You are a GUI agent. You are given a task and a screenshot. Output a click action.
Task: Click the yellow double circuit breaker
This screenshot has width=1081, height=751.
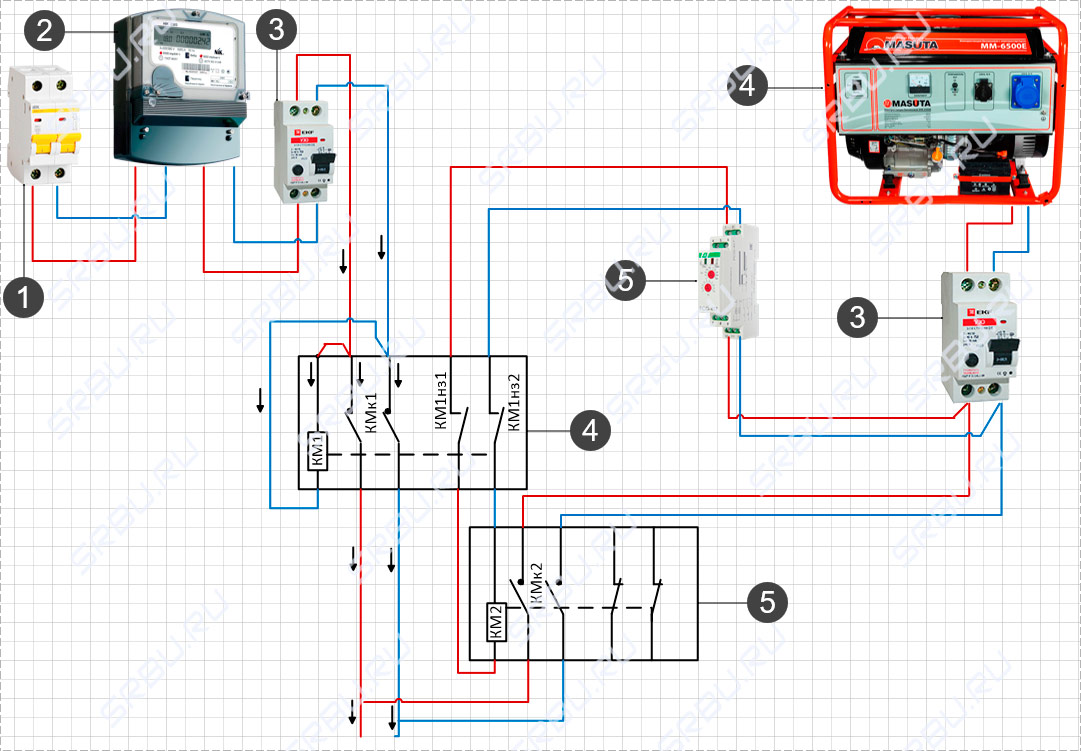point(43,125)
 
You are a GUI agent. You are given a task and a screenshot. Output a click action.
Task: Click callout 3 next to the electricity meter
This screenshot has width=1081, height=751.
point(277,31)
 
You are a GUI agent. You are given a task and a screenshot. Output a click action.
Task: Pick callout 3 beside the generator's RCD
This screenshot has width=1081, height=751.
point(857,318)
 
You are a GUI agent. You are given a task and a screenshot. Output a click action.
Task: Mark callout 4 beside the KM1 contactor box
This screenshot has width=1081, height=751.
point(590,431)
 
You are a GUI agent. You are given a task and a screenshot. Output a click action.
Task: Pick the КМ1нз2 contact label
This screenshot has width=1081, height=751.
point(515,401)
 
